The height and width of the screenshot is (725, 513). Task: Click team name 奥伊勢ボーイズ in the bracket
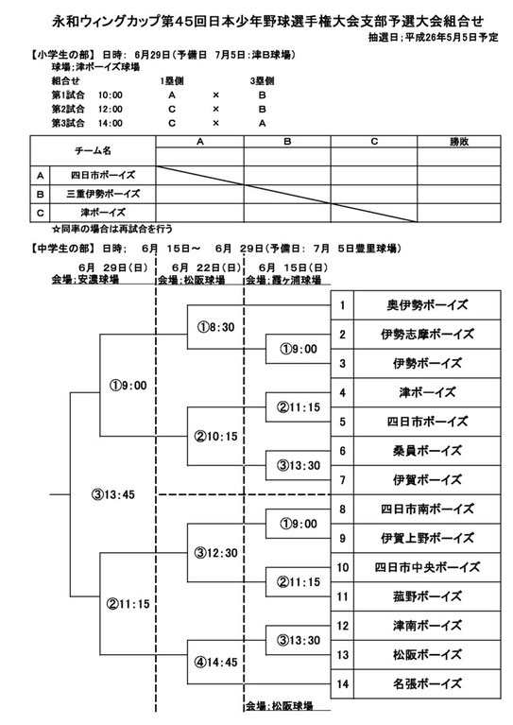(x=427, y=305)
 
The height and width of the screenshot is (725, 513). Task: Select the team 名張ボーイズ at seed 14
(x=427, y=683)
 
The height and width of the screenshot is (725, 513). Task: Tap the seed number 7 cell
(x=342, y=480)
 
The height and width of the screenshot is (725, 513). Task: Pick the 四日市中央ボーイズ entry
(x=427, y=567)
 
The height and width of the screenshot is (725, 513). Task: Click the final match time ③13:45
(x=113, y=494)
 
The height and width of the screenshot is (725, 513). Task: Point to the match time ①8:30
(x=216, y=327)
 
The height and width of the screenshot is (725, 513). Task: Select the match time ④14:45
(x=215, y=663)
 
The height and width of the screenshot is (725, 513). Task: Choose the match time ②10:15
(x=215, y=437)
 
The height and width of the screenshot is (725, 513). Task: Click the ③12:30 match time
(x=215, y=553)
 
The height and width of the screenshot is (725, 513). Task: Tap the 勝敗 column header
(x=459, y=142)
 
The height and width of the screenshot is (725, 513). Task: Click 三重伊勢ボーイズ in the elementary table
(x=103, y=194)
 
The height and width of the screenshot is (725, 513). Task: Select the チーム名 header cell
(x=93, y=150)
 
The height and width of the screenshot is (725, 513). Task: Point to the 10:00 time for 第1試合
(x=111, y=95)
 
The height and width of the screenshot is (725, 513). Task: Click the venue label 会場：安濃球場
(x=85, y=279)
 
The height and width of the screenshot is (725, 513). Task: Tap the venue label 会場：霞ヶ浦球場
(x=283, y=279)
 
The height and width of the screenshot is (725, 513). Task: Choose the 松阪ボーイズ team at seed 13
(x=427, y=655)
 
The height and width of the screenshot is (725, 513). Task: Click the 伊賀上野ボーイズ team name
(x=427, y=538)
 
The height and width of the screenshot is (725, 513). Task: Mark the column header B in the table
(x=287, y=142)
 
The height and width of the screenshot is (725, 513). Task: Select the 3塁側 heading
(x=262, y=81)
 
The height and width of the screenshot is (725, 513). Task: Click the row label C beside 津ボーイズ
(x=41, y=214)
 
